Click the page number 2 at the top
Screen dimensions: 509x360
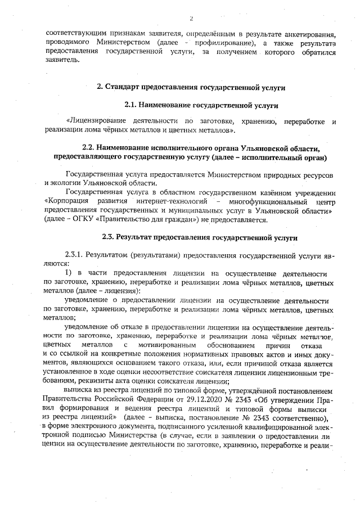pos(192,19)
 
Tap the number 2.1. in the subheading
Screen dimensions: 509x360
pos(130,105)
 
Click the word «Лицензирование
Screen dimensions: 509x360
pos(99,121)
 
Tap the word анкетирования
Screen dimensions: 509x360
pos(308,34)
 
